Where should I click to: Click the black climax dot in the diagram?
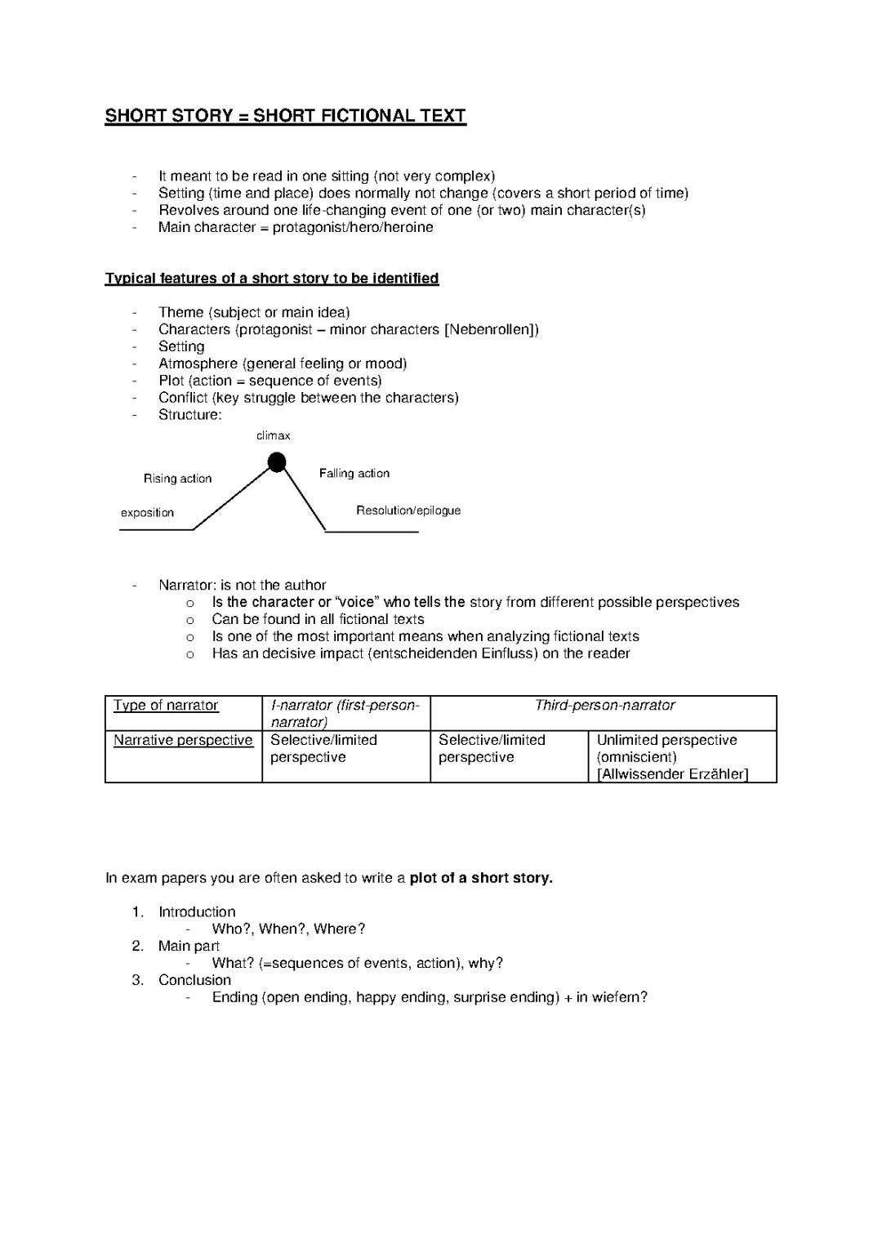click(x=278, y=463)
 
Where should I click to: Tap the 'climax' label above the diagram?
click(x=273, y=436)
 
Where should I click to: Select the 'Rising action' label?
click(x=177, y=479)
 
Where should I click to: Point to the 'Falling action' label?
click(x=354, y=474)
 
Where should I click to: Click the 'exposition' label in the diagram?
click(x=147, y=513)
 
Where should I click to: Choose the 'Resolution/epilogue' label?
click(x=408, y=510)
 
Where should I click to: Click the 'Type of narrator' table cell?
click(x=166, y=706)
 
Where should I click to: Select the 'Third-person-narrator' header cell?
click(x=604, y=706)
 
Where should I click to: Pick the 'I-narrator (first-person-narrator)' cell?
click(x=345, y=714)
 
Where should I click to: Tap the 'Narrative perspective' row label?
click(x=183, y=740)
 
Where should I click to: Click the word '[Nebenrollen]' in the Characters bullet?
click(x=491, y=329)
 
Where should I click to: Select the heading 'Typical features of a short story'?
click(x=271, y=279)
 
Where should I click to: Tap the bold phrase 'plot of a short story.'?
click(x=481, y=878)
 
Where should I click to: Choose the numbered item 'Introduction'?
click(x=197, y=911)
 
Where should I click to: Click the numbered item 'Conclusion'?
click(x=194, y=980)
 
